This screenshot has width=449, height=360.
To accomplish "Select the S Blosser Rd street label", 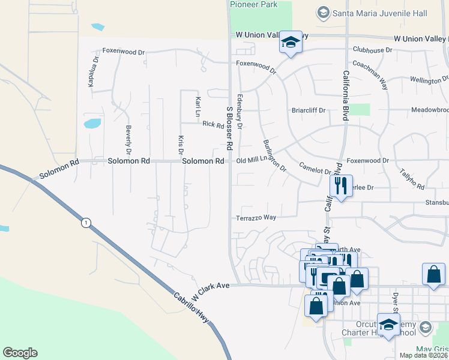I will click(x=229, y=130).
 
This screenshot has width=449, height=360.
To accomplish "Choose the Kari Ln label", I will click(x=197, y=106).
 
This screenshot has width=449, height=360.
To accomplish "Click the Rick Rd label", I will click(x=213, y=125).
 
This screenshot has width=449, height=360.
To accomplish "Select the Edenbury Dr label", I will click(x=240, y=110).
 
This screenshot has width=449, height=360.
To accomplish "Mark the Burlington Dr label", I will click(x=275, y=155).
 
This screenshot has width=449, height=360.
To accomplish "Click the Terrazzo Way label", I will click(x=256, y=217).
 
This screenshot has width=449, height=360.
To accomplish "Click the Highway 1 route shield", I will click(x=86, y=223).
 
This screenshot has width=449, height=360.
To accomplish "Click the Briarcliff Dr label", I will click(x=309, y=110).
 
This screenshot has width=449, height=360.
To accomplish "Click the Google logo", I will click(x=20, y=353).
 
